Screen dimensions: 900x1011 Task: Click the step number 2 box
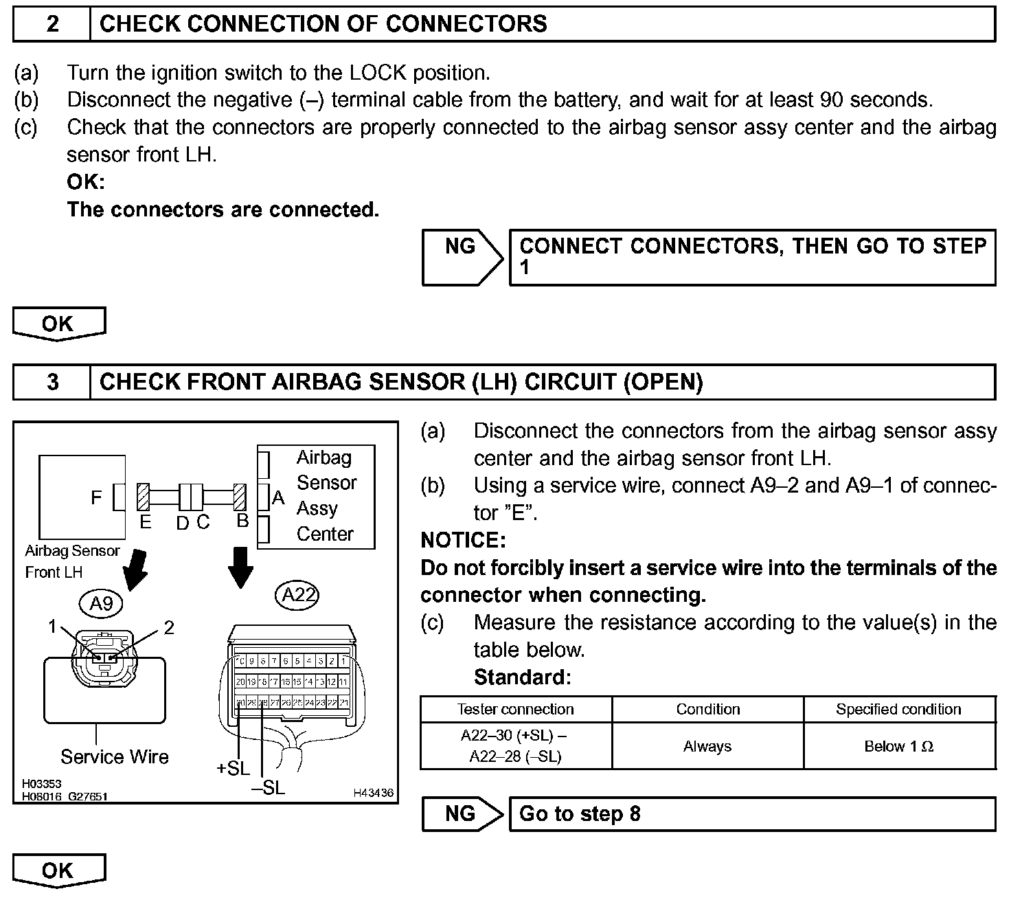click(x=52, y=25)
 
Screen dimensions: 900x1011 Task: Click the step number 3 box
click(x=52, y=382)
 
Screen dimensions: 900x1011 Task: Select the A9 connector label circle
click(x=101, y=603)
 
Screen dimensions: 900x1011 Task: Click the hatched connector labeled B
click(x=240, y=495)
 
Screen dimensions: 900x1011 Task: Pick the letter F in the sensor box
click(x=97, y=497)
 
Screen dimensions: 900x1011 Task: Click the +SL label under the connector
click(x=233, y=768)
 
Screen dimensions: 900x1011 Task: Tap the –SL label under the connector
click(x=269, y=787)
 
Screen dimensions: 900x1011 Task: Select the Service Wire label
click(x=114, y=756)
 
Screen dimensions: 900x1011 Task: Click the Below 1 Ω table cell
click(x=898, y=746)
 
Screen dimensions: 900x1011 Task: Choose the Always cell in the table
click(x=707, y=746)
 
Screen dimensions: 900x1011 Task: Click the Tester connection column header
click(x=516, y=709)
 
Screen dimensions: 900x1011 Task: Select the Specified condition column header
click(x=898, y=709)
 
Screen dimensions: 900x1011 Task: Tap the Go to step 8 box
click(x=751, y=814)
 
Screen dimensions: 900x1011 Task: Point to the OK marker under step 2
click(x=58, y=324)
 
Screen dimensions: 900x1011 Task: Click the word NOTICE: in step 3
click(x=463, y=541)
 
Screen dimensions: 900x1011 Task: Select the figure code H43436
click(x=374, y=793)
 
